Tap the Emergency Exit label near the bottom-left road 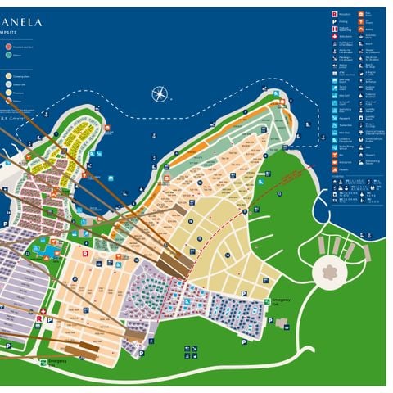coord(56,361)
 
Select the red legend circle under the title coord(8,47)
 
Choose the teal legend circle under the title coord(8,56)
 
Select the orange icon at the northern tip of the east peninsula coord(281,102)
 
